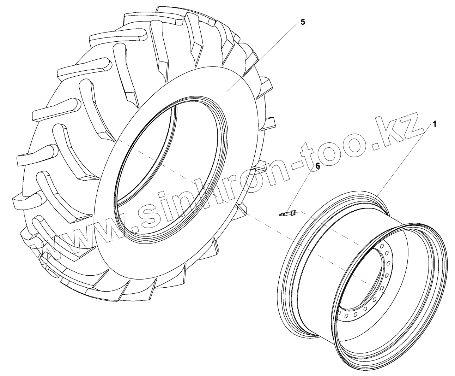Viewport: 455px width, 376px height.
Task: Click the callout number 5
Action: pos(303,22)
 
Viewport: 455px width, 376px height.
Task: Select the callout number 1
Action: pos(435,124)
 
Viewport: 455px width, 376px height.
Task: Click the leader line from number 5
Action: pos(262,58)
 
